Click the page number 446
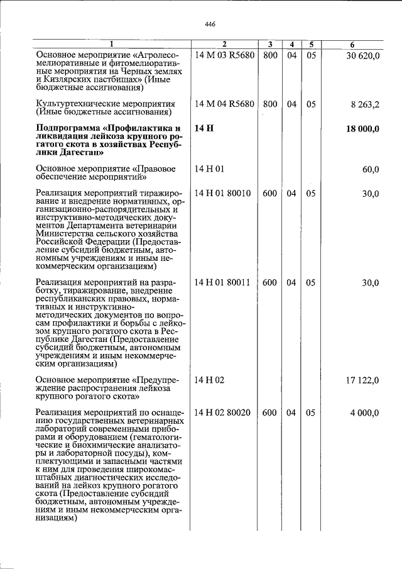point(210,24)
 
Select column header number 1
point(112,45)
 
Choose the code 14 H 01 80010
point(223,194)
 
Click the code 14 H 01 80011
point(223,283)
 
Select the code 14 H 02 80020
point(223,412)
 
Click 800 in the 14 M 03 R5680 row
point(270,55)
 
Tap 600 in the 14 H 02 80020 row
point(270,412)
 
